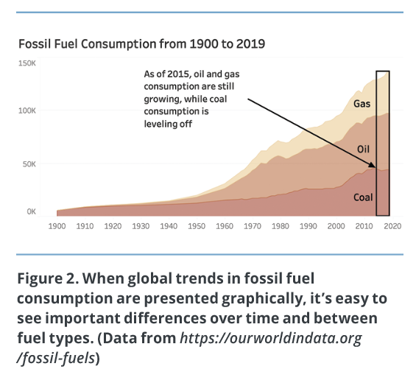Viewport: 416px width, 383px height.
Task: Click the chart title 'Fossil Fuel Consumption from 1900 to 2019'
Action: [141, 43]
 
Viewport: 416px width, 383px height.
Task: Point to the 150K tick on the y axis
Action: [27, 63]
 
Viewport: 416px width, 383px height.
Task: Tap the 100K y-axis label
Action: [27, 110]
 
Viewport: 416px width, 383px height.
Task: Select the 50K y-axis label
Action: [29, 164]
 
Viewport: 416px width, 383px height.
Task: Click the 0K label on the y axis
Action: [31, 211]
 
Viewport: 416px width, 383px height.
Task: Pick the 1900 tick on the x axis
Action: [57, 226]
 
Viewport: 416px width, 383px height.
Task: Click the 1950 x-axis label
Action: [197, 226]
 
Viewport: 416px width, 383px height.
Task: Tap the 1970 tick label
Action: [253, 226]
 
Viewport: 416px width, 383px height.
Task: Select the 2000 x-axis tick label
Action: [336, 226]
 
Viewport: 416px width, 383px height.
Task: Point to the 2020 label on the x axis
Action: [392, 226]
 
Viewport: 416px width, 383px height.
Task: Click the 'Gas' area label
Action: [362, 104]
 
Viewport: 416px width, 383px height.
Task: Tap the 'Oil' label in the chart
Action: [363, 150]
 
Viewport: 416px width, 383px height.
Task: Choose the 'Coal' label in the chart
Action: [363, 197]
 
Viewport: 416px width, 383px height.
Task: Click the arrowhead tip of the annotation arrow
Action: [376, 167]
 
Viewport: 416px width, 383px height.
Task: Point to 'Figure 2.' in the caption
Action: [48, 278]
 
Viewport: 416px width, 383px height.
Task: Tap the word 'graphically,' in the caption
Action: [262, 298]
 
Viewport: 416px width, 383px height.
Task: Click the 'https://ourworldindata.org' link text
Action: [271, 338]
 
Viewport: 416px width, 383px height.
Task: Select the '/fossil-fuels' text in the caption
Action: [56, 358]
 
